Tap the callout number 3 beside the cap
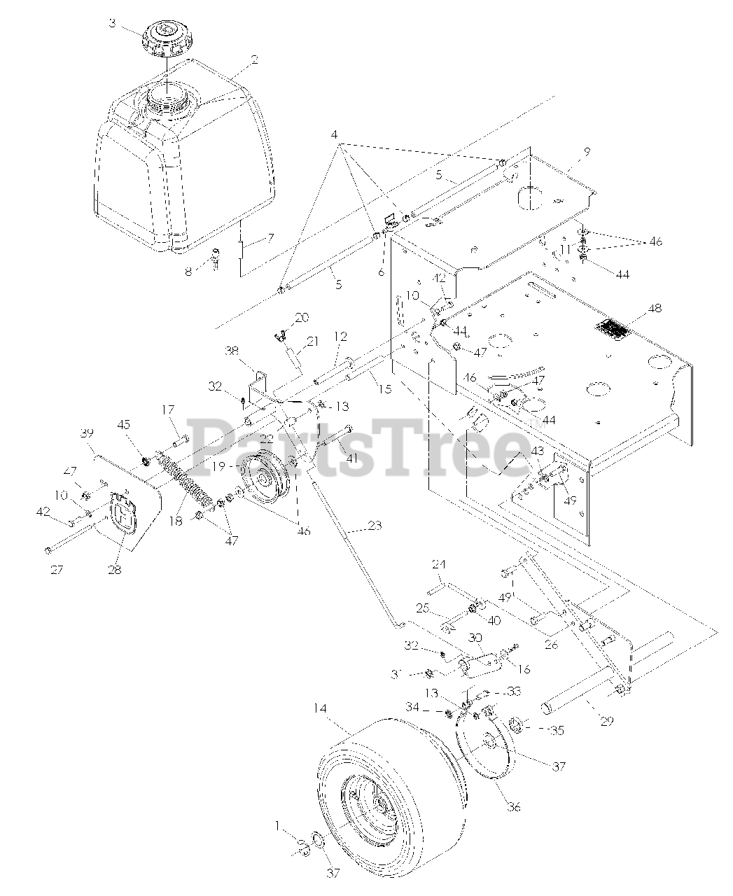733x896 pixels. (x=111, y=23)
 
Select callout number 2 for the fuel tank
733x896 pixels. (x=254, y=60)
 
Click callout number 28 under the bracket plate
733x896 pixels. (x=114, y=570)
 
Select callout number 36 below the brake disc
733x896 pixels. (x=514, y=806)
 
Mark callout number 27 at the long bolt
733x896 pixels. (x=56, y=570)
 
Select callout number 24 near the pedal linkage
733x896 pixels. (x=439, y=563)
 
